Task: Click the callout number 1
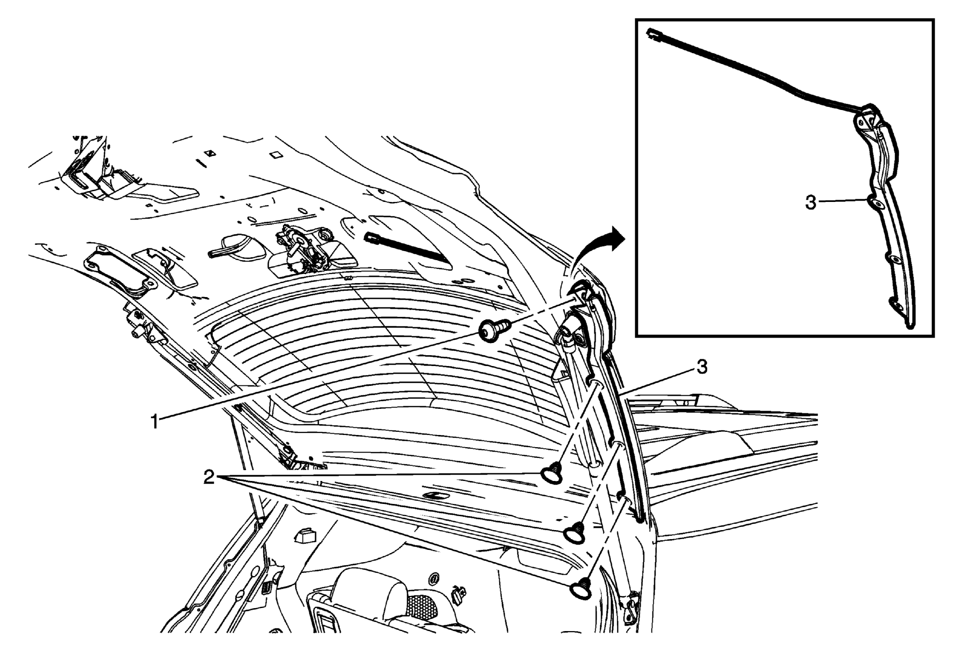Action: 154,422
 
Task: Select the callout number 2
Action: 209,477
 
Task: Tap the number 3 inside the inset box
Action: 810,203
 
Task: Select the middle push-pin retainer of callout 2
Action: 575,532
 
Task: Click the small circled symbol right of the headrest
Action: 434,578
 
